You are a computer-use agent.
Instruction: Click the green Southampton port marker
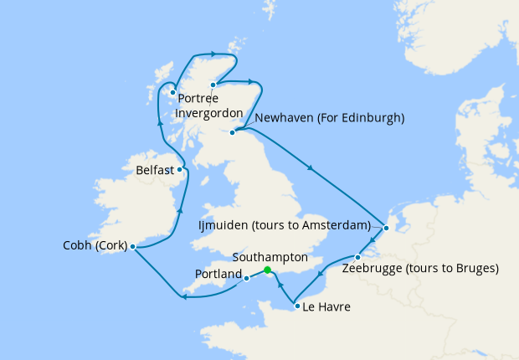pyautogui.click(x=267, y=270)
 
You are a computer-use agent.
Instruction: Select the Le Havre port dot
pyautogui.click(x=297, y=306)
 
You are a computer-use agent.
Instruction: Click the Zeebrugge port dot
pyautogui.click(x=357, y=257)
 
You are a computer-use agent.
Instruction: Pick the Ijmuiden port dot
pyautogui.click(x=385, y=228)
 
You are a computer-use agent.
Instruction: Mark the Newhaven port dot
pyautogui.click(x=233, y=132)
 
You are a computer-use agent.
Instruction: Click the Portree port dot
pyautogui.click(x=172, y=93)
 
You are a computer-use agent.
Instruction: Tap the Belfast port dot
pyautogui.click(x=180, y=169)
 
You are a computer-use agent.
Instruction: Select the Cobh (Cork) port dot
pyautogui.click(x=133, y=246)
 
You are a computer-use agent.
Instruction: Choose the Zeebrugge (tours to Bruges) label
pyautogui.click(x=420, y=269)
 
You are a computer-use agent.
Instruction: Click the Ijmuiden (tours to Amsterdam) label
pyautogui.click(x=285, y=226)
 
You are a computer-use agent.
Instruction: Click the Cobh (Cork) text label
pyautogui.click(x=95, y=246)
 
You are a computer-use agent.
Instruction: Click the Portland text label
pyautogui.click(x=218, y=274)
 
